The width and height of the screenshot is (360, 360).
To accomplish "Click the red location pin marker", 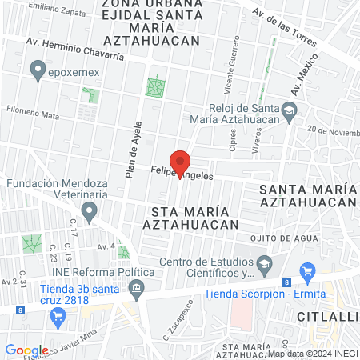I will point(180,162).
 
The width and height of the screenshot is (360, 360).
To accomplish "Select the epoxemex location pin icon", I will point(37,70).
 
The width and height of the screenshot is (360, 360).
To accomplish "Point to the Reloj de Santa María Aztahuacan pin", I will point(294,110).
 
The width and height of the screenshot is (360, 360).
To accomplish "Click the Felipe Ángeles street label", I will point(183,171).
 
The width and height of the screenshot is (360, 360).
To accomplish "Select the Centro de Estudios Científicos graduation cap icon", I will point(263,263).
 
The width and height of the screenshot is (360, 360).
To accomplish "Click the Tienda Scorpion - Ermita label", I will point(254,294).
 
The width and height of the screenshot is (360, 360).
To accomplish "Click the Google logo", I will point(26,350).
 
